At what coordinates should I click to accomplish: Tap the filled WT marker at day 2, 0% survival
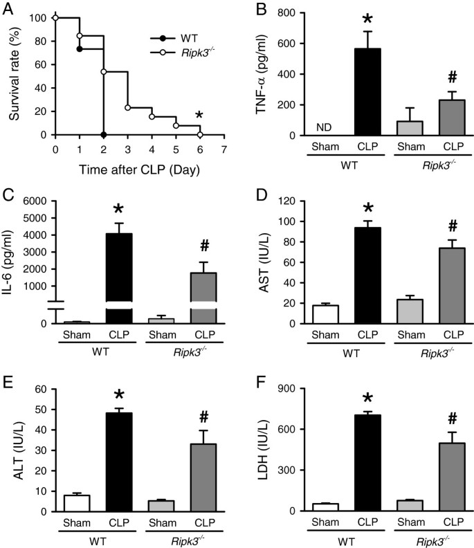click(103, 135)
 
